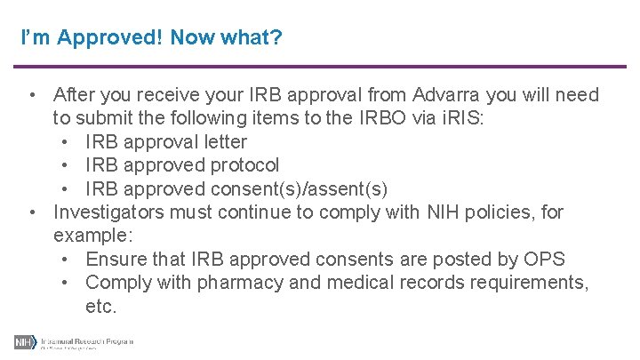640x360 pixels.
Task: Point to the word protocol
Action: [x=244, y=164]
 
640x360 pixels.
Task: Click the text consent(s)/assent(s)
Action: [x=299, y=188]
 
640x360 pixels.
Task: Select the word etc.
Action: [x=101, y=306]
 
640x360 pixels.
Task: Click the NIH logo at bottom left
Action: [x=24, y=342]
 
